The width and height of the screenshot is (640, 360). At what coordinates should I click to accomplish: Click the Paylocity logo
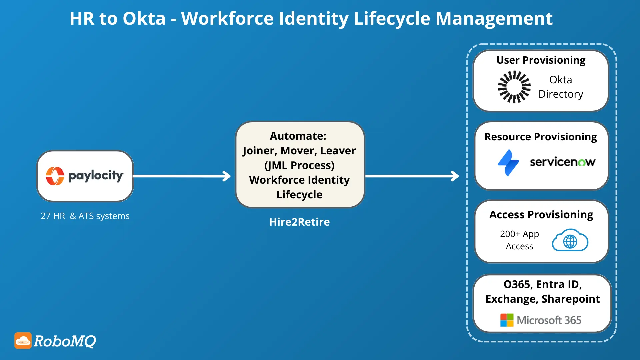(85, 176)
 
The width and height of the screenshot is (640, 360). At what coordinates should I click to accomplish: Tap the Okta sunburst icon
(514, 87)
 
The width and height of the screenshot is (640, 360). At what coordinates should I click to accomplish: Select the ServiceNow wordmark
(562, 162)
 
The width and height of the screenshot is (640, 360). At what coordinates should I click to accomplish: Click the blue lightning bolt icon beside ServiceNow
(508, 163)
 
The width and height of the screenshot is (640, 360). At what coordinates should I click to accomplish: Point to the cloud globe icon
(570, 240)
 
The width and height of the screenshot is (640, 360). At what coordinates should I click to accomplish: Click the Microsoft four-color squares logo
(507, 320)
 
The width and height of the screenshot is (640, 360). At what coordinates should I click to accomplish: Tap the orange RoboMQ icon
(23, 340)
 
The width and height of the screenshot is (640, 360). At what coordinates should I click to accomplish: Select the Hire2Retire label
(299, 222)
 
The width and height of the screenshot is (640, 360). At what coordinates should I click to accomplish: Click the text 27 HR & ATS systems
(85, 216)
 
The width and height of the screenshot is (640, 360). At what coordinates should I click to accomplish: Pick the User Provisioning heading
(541, 60)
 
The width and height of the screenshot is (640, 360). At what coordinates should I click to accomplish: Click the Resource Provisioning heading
(541, 137)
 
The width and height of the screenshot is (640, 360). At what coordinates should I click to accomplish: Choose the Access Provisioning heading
(541, 215)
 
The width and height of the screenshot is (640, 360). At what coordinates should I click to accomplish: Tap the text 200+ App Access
(519, 240)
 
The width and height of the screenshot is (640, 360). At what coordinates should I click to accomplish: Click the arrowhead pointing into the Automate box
(227, 176)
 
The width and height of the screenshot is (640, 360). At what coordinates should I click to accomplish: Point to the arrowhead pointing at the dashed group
(455, 176)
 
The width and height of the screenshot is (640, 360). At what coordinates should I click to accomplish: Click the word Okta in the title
(144, 19)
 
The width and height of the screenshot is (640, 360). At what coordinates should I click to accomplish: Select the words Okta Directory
(561, 87)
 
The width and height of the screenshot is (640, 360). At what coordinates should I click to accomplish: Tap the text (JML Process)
(299, 165)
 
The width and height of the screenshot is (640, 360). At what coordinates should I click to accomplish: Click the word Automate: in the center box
(298, 136)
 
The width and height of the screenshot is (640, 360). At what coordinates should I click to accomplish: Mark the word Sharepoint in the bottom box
(571, 299)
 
